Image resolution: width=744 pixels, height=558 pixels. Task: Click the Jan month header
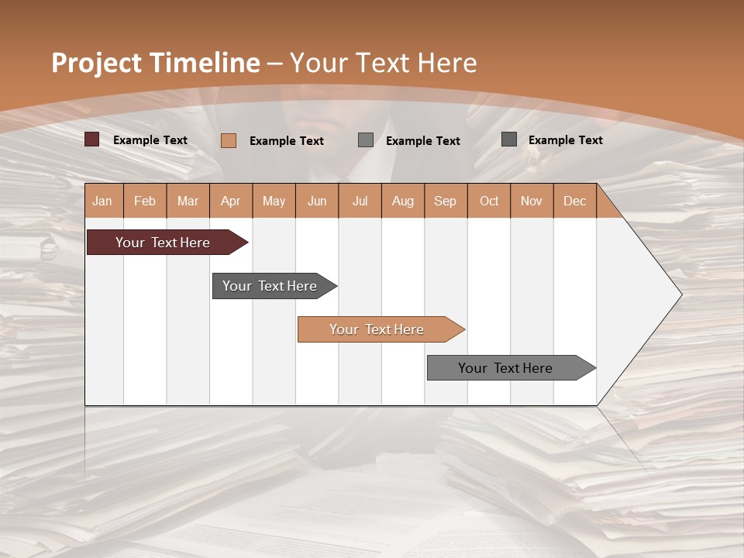103,201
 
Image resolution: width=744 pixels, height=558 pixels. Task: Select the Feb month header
145,201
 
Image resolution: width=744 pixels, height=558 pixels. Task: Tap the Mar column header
188,201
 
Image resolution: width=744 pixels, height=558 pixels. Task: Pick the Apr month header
231,201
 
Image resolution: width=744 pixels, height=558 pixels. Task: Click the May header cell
274,201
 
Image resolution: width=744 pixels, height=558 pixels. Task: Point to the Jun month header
317,201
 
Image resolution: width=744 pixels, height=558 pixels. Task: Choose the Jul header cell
360,201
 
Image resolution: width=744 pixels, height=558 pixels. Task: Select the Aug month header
403,201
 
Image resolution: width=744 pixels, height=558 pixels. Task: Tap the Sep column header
446,201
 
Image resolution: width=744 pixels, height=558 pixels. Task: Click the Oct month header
489,201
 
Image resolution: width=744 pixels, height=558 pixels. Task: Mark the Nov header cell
532,201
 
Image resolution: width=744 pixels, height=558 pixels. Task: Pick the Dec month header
574,201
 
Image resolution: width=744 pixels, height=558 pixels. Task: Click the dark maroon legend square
92,139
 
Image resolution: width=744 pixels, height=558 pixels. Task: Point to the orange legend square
229,140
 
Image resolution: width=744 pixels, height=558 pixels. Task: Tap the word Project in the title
96,63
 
